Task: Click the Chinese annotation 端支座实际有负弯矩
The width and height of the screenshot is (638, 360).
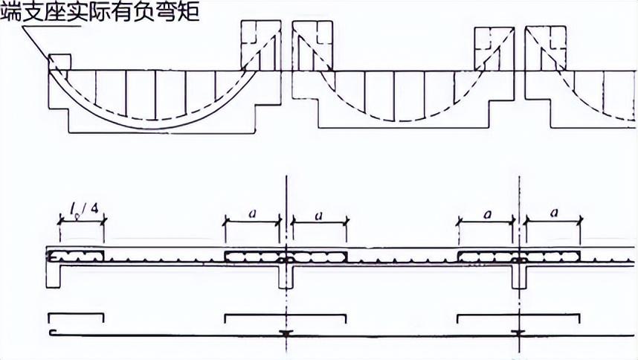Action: coord(100,13)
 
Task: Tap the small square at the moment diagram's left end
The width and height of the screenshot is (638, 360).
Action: coord(59,62)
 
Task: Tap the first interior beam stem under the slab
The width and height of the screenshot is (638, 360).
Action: coord(286,276)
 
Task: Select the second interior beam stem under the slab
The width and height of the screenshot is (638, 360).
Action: coord(520,276)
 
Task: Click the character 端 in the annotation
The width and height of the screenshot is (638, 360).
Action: coord(13,13)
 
